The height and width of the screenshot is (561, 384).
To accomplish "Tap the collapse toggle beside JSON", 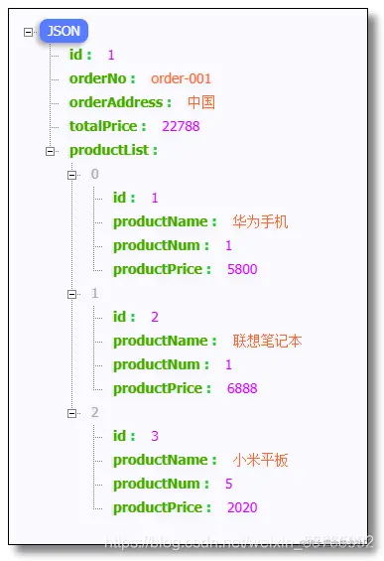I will [28, 32].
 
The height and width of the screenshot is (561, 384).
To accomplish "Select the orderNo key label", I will [102, 78].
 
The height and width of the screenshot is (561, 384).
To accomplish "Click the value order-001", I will [182, 78].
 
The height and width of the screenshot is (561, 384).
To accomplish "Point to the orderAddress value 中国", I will [201, 102].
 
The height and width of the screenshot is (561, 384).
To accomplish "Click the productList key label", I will [113, 150].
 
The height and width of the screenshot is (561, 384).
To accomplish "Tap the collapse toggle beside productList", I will [50, 150].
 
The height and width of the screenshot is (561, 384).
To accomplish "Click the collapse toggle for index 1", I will [71, 294].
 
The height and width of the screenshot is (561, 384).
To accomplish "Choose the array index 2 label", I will [94, 412].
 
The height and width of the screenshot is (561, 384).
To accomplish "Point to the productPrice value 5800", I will [242, 269].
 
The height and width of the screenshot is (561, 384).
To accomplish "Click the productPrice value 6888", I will [242, 388].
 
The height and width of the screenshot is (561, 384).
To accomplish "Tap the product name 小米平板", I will [261, 460].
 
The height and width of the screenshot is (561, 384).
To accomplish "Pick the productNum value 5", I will [228, 484].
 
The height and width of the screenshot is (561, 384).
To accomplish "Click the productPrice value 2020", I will [242, 507].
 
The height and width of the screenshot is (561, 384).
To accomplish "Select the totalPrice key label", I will [108, 126].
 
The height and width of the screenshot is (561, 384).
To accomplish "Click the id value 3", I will [155, 436].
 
